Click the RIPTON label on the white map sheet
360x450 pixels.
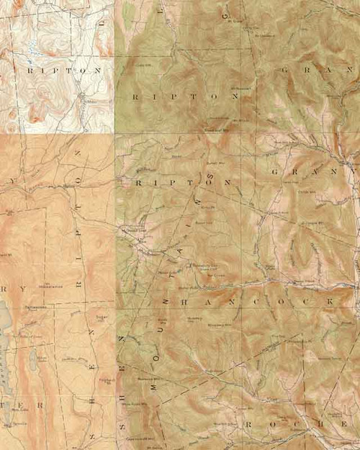point(63,71)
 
